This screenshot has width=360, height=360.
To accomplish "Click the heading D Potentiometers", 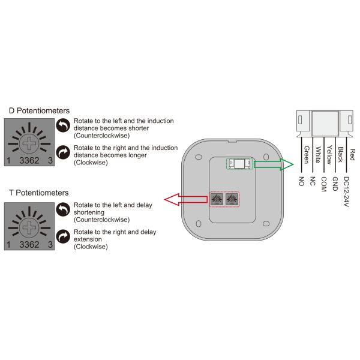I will pyautogui.click(x=39, y=110).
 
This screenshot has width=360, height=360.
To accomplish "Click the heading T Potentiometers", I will pyautogui.click(x=38, y=193).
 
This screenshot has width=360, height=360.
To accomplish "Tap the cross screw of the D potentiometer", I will pyautogui.click(x=29, y=142).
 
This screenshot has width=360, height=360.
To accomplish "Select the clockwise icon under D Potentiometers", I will pyautogui.click(x=64, y=152).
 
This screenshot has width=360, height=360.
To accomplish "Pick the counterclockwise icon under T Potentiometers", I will pyautogui.click(x=64, y=208).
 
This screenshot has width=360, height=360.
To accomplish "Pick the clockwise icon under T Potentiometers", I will pyautogui.click(x=64, y=236).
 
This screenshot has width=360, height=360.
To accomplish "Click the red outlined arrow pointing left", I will pyautogui.click(x=184, y=199).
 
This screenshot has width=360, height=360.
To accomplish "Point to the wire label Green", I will pyautogui.click(x=306, y=155).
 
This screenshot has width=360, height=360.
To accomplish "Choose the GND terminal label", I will pyautogui.click(x=335, y=183).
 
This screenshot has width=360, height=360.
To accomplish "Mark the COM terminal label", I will pyautogui.click(x=323, y=183).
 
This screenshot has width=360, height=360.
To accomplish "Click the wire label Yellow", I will pyautogui.click(x=328, y=155).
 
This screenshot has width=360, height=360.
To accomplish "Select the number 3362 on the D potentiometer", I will pyautogui.click(x=29, y=160).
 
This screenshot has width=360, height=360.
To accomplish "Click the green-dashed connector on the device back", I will pyautogui.click(x=239, y=164).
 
